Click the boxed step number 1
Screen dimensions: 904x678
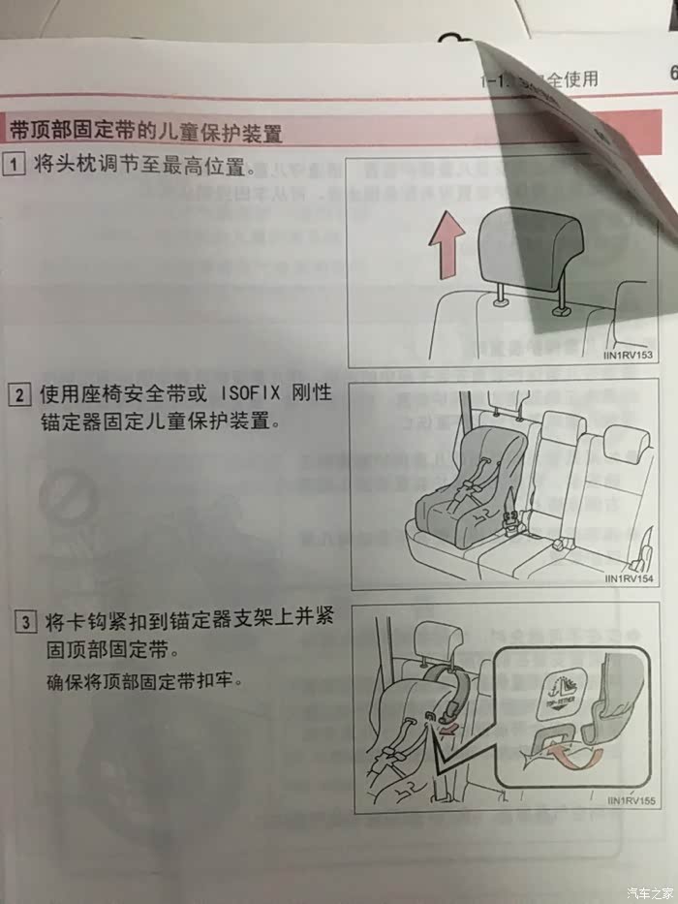click(15, 165)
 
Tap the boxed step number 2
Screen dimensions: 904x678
click(19, 395)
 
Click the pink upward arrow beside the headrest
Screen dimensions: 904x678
click(445, 246)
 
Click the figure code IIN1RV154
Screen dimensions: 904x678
click(629, 579)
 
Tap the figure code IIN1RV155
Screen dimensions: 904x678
click(631, 801)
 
